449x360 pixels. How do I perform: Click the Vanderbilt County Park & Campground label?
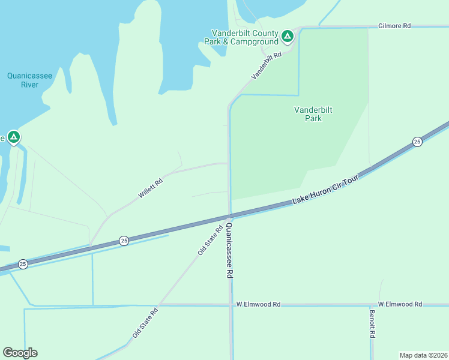(x=245, y=37)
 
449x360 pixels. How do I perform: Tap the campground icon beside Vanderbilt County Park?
(x=288, y=37)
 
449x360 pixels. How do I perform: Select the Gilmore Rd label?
(x=394, y=26)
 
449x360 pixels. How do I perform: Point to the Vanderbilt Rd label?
(x=267, y=65)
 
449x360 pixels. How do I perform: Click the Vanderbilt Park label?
(x=313, y=114)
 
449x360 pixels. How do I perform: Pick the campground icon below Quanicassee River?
(x=14, y=137)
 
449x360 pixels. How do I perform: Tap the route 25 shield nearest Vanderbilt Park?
(x=417, y=142)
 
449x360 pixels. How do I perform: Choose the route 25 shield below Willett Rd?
(x=124, y=240)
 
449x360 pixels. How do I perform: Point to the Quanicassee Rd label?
(x=229, y=250)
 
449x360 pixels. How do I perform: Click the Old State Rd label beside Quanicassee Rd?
(x=210, y=240)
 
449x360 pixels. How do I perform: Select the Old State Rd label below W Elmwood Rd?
(x=145, y=322)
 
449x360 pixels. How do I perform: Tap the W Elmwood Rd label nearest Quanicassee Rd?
(x=258, y=304)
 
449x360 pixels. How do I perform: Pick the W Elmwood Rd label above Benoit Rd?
(x=400, y=304)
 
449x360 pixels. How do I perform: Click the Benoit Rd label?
(x=372, y=323)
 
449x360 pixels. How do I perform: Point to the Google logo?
(x=20, y=353)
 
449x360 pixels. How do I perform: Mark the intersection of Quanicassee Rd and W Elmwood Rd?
(x=231, y=305)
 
